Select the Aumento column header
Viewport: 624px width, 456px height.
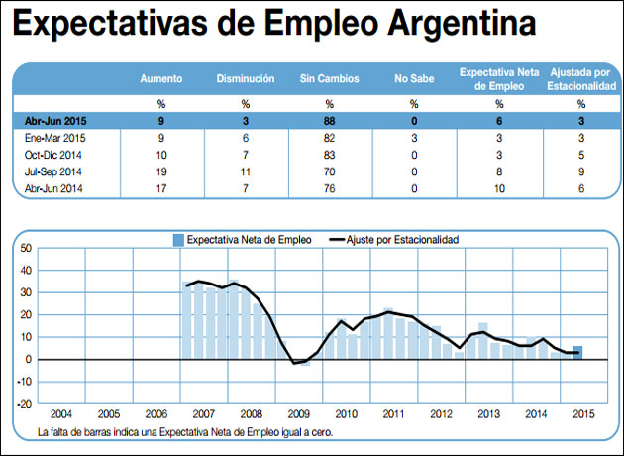coord(160,78)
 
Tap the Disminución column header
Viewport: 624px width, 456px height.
coord(245,78)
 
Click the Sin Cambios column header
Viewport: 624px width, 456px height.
coord(329,78)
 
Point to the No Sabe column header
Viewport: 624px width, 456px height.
coord(414,78)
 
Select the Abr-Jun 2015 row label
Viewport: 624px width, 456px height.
coord(57,120)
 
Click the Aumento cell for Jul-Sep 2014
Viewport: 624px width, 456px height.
coord(160,171)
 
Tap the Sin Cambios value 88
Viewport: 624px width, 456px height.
coord(329,120)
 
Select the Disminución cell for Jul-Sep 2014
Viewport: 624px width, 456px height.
coord(245,171)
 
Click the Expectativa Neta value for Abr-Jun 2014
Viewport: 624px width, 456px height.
coord(499,188)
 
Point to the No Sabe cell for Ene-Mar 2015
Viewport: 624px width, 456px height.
coord(414,137)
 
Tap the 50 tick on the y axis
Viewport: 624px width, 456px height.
coord(27,248)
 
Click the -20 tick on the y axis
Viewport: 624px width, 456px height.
coord(25,403)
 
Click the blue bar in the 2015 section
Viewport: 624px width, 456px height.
coord(578,352)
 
